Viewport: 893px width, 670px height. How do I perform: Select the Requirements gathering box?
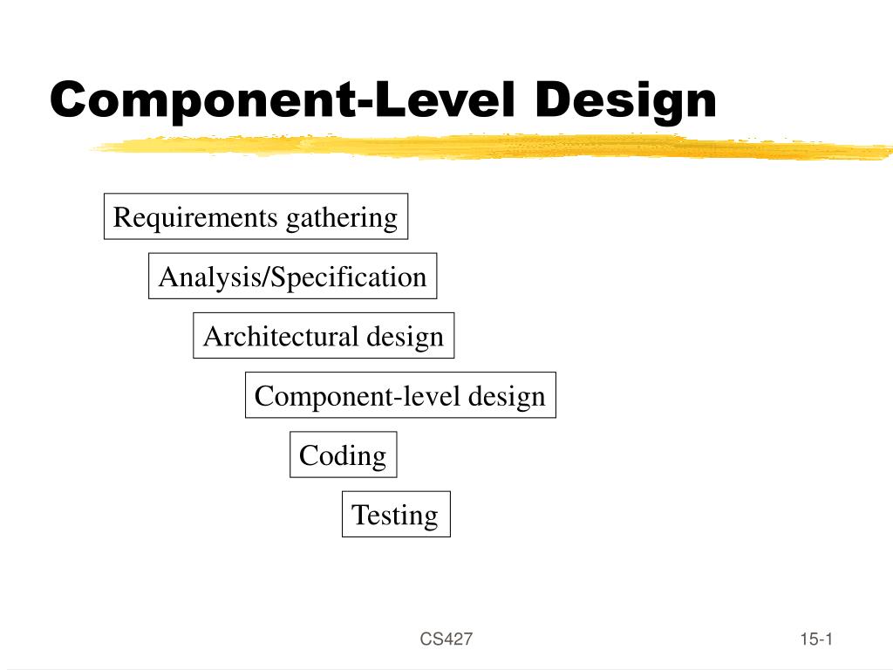click(x=256, y=216)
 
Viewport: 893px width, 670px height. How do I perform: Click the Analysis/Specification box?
click(x=292, y=277)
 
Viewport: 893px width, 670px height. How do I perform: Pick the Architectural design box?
click(x=324, y=336)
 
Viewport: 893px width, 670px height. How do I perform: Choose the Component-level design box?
click(x=399, y=395)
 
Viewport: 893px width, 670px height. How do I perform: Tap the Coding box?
click(x=343, y=455)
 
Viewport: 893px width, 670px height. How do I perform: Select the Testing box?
click(x=395, y=514)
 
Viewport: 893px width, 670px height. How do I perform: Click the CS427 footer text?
click(x=446, y=639)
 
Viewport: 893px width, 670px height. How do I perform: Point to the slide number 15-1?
click(x=816, y=639)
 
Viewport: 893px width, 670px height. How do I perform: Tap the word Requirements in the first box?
click(x=194, y=217)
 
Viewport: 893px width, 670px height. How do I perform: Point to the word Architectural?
click(x=281, y=336)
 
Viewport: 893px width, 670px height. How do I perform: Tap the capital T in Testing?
click(x=358, y=514)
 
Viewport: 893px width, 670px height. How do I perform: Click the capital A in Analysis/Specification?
click(x=167, y=277)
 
